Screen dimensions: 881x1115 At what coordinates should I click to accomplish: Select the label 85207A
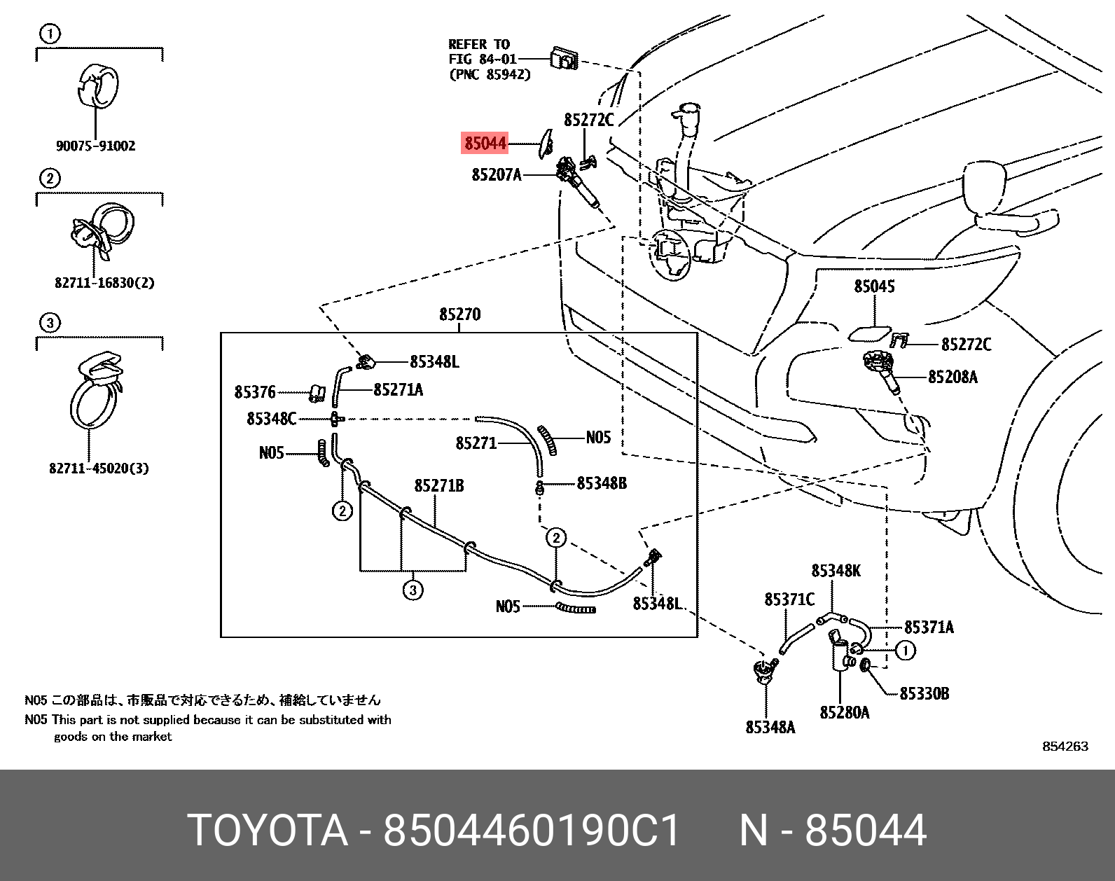click(x=497, y=174)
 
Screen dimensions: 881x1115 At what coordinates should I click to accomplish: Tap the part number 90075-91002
click(x=96, y=146)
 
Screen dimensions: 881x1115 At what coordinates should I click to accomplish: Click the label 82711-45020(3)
click(x=99, y=469)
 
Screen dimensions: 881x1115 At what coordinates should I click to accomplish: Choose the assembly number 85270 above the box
click(x=459, y=314)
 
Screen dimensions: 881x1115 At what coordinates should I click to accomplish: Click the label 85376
click(x=255, y=393)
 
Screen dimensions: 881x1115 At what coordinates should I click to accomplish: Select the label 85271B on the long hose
click(x=439, y=485)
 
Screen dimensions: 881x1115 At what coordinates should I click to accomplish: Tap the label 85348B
click(x=602, y=483)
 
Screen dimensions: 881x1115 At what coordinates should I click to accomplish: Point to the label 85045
click(x=874, y=286)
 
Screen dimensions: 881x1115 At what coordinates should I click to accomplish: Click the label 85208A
click(x=953, y=377)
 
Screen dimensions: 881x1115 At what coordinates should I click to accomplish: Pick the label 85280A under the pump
click(x=845, y=713)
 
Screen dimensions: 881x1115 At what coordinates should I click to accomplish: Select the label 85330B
click(x=924, y=693)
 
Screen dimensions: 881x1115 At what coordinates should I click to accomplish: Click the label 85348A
click(x=770, y=728)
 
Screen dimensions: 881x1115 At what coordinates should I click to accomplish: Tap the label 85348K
click(x=836, y=571)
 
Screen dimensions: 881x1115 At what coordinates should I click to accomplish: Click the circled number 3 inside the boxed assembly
click(x=413, y=590)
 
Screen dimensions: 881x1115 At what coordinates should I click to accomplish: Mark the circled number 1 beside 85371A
click(x=906, y=651)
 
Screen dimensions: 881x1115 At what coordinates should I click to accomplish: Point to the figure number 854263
click(x=1065, y=747)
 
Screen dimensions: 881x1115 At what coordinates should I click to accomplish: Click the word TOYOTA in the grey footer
click(x=268, y=832)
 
